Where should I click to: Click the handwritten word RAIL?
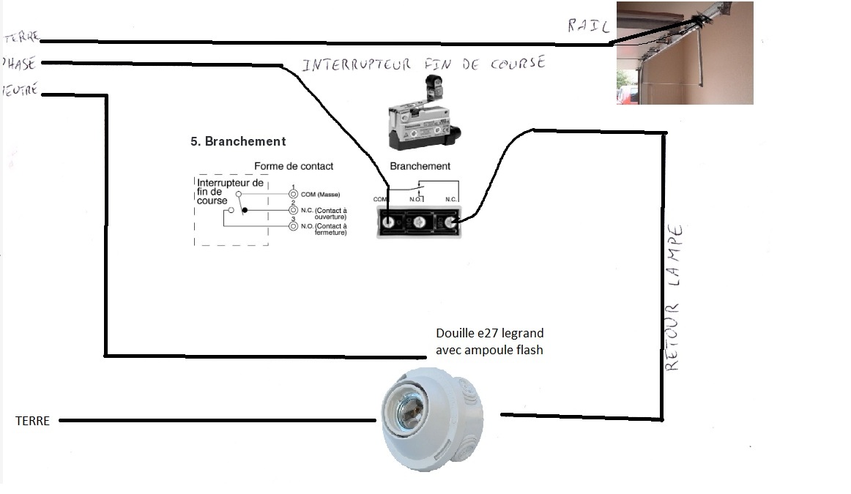pos(588,26)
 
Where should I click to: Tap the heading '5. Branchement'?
pos(238,141)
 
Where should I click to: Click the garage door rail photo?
pos(685,53)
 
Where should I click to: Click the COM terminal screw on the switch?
pos(389,222)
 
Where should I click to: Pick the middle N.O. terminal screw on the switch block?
pos(419,222)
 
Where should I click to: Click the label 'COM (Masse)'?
pos(321,194)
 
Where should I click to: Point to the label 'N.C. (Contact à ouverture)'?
pos(323,213)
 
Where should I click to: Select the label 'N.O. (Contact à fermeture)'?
pos(323,229)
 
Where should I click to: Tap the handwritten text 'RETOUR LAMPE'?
pos(675,296)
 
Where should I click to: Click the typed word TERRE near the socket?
pos(32,422)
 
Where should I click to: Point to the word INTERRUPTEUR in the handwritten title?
pos(357,64)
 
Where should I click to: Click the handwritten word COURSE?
pos(513,63)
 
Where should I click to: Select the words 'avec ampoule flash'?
pos(489,350)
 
